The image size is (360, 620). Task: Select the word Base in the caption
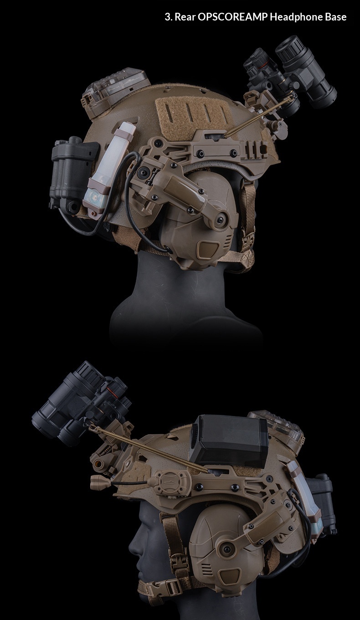[336, 17]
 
